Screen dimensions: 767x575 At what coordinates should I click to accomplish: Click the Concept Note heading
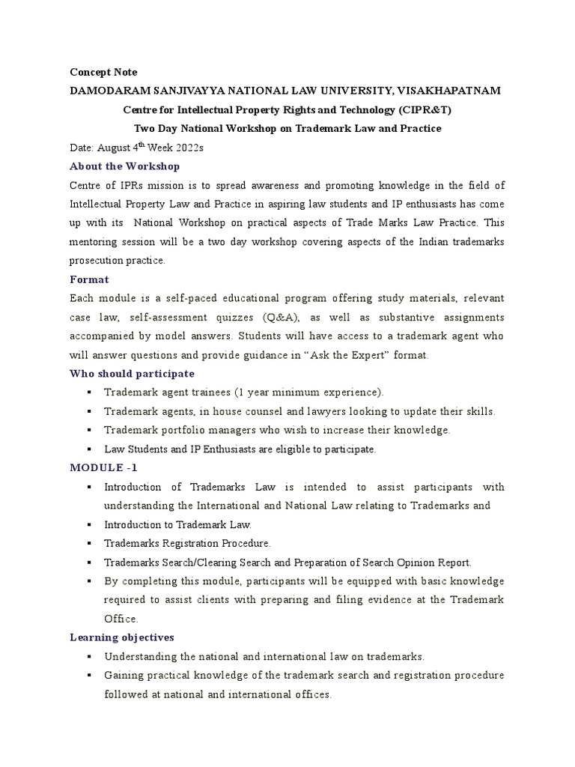(x=103, y=72)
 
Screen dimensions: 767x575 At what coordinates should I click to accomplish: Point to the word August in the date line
(x=112, y=148)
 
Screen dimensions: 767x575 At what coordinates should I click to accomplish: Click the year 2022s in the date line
(x=185, y=148)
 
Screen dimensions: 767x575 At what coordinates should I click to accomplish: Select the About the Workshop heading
(x=124, y=166)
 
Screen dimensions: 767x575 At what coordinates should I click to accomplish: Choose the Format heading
(x=89, y=279)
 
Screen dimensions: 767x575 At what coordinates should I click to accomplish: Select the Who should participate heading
(x=132, y=374)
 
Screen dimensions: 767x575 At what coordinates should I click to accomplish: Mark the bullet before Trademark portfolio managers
(x=89, y=431)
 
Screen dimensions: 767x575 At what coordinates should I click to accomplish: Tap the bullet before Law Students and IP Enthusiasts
(x=89, y=449)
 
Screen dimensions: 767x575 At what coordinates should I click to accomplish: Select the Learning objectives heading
(x=121, y=637)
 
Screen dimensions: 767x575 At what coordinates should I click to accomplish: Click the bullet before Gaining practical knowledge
(x=89, y=676)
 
